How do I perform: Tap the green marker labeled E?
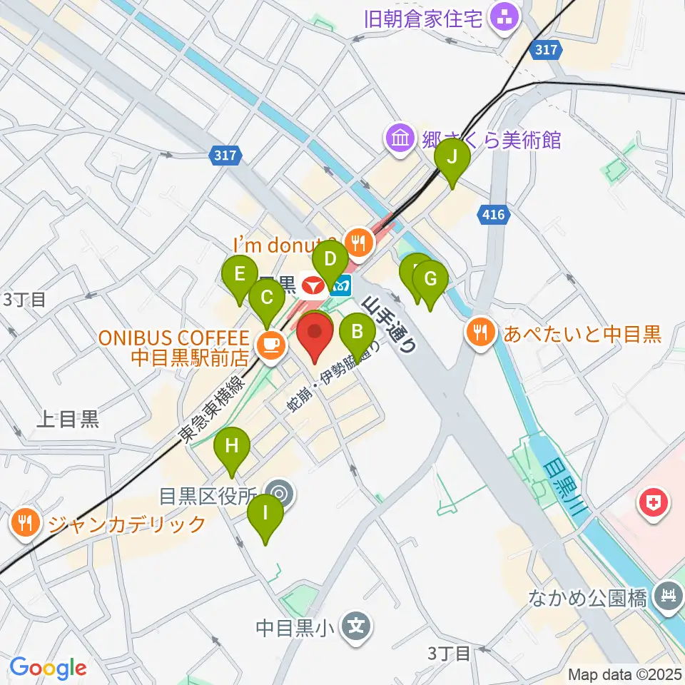click(240, 273)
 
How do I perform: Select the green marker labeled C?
click(266, 296)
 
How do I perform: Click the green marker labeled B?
click(358, 331)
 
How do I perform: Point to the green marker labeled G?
click(430, 279)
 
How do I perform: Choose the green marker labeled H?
click(232, 447)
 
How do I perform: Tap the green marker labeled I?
click(265, 513)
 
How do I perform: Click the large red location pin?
click(315, 335)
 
